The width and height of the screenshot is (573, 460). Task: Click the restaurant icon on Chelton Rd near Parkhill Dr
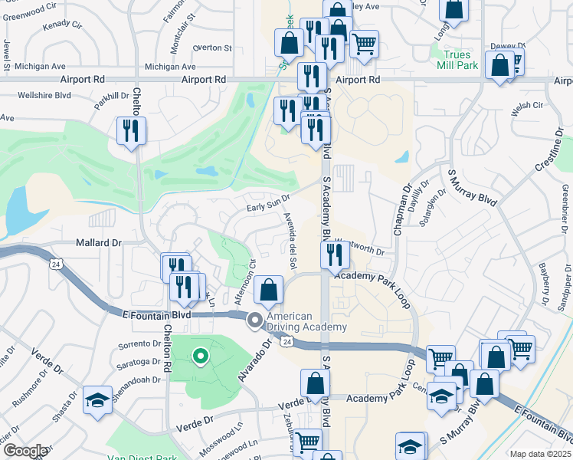pyautogui.click(x=130, y=130)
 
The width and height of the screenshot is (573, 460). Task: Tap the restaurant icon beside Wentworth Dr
pyautogui.click(x=334, y=255)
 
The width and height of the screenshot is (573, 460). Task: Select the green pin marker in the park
pyautogui.click(x=200, y=356)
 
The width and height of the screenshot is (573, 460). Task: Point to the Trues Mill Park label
pyautogui.click(x=460, y=60)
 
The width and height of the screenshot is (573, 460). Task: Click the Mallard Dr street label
pyautogui.click(x=99, y=242)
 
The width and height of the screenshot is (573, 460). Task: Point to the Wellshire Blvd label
pyautogui.click(x=45, y=96)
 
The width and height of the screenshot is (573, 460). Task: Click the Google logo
pyautogui.click(x=25, y=451)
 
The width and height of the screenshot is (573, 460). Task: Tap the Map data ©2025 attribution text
pyautogui.click(x=540, y=454)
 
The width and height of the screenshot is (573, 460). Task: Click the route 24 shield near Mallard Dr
pyautogui.click(x=55, y=264)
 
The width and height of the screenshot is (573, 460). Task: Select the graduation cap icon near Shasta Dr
pyautogui.click(x=97, y=402)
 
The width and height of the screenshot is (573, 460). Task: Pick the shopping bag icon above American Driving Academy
pyautogui.click(x=268, y=291)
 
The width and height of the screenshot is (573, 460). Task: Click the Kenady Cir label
pyautogui.click(x=62, y=25)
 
